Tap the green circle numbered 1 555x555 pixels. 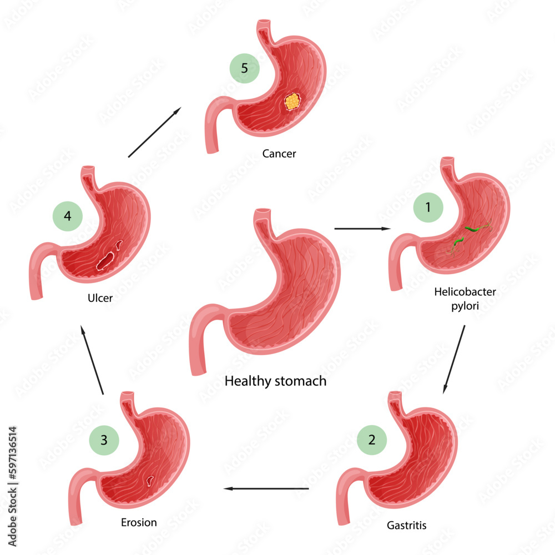[x=428, y=208]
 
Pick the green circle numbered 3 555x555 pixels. [x=104, y=440]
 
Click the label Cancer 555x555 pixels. [x=279, y=154]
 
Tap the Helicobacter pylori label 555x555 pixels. [x=458, y=298]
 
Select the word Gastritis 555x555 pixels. [x=407, y=524]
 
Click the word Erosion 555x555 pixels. [x=139, y=522]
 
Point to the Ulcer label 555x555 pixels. [x=100, y=299]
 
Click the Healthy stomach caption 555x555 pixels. [x=275, y=381]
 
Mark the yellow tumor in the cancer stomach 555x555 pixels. [x=292, y=102]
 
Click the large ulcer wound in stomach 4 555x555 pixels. [x=105, y=259]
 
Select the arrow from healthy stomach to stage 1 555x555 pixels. [x=362, y=228]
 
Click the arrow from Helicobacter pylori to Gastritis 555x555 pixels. [x=454, y=360]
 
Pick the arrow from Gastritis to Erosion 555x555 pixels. [x=266, y=488]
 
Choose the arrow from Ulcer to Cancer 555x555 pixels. [x=154, y=133]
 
